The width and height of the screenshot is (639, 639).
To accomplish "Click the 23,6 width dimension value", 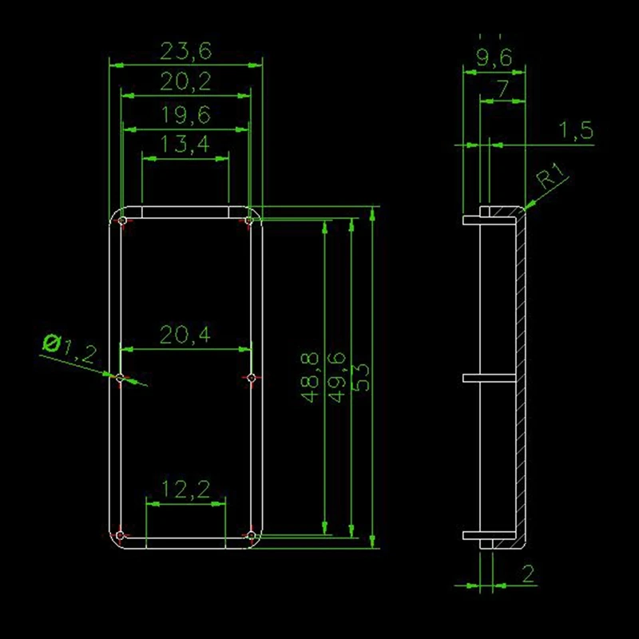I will coord(185,52).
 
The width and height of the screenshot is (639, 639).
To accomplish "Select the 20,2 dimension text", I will coord(185,82).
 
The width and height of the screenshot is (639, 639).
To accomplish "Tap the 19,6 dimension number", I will coord(185,116).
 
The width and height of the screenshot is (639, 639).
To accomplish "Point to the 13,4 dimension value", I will coord(185,145).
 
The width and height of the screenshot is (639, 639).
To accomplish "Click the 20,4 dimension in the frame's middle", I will coord(185,336).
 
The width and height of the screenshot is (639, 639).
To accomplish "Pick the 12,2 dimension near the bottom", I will coord(185,490).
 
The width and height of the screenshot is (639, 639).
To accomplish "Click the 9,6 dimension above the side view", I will coord(494,56).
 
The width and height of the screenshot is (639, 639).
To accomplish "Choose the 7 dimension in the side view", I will coord(502,89).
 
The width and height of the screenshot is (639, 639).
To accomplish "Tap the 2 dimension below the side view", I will coord(528,572).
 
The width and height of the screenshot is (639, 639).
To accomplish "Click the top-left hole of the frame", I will coord(121,220).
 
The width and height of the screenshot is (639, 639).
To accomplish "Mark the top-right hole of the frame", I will coord(250,220).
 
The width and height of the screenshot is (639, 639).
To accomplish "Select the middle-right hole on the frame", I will coord(250,378).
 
